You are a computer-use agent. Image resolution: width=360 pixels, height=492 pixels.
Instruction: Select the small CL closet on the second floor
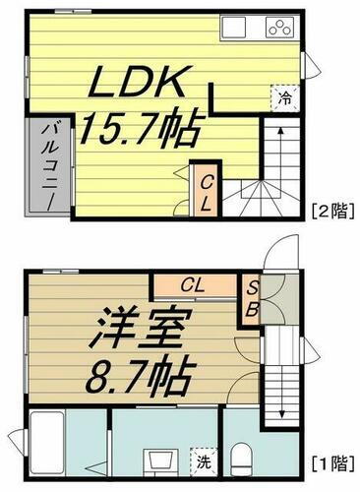tap(206, 189)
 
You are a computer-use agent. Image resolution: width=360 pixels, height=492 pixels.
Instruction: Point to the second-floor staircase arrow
tap(279, 157)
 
